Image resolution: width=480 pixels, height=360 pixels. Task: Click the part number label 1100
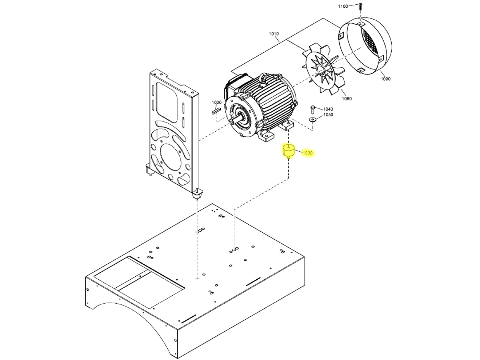click(x=343, y=6)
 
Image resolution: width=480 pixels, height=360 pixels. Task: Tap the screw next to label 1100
click(x=360, y=6)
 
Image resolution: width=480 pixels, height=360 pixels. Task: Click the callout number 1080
click(x=347, y=98)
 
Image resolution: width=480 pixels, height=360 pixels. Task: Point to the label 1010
click(x=274, y=34)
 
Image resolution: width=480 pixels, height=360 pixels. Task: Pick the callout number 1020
click(x=216, y=102)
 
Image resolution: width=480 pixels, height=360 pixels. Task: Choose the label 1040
click(x=328, y=109)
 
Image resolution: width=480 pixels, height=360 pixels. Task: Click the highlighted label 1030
click(x=307, y=153)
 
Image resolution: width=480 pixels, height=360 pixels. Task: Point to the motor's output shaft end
click(x=232, y=122)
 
